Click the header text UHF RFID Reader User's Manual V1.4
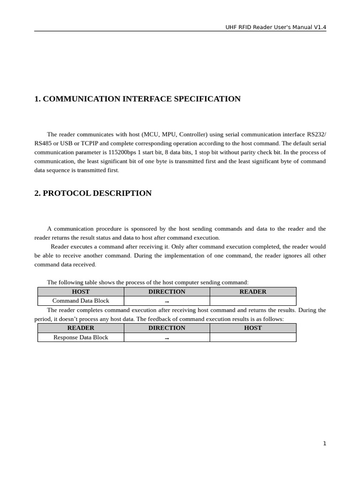coord(275,27)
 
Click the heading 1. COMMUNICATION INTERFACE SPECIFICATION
coord(137,99)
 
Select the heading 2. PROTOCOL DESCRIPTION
coord(93,194)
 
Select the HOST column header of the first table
coord(81,292)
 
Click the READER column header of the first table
coord(253,292)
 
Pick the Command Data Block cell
coord(81,301)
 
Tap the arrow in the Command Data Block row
coord(167,302)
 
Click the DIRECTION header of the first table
coord(167,292)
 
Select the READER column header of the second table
coord(81,328)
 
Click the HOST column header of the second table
coord(253,328)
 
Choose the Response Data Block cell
coord(81,337)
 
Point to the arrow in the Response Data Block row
coord(167,338)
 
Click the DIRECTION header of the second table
coord(167,328)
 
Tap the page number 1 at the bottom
coord(324,443)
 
